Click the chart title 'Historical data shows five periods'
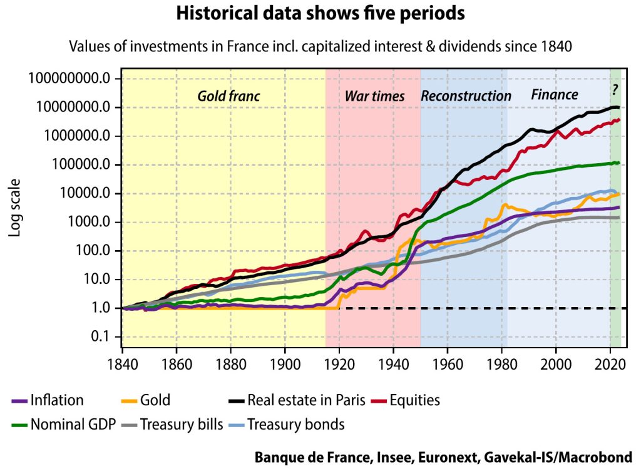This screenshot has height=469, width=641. [320, 14]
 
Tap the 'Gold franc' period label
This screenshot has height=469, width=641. [228, 96]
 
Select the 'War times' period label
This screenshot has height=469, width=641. [375, 96]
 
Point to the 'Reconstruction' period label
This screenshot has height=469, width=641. [466, 96]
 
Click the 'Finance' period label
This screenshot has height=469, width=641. [555, 95]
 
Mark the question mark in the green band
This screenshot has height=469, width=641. [615, 89]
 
